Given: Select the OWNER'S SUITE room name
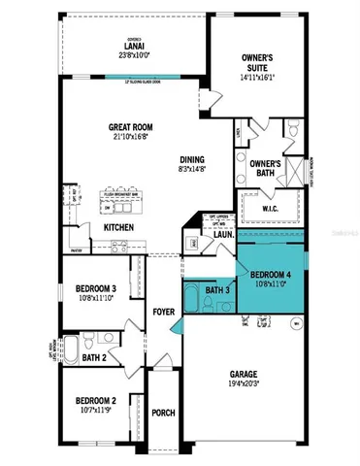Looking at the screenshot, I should coord(260,63).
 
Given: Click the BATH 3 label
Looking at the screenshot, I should coord(218,291).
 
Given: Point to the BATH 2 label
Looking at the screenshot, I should coord(94,358).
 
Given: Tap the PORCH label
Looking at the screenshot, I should coord(164,413).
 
